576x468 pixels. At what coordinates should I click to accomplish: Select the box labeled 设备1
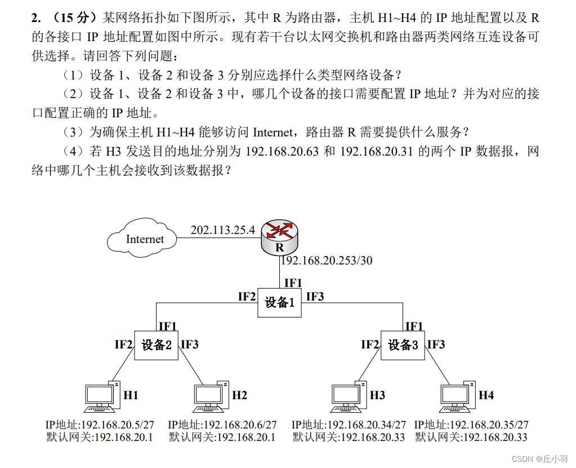[x=280, y=303]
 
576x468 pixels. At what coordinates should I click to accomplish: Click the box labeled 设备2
[x=156, y=345]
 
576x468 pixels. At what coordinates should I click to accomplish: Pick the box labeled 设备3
[x=403, y=345]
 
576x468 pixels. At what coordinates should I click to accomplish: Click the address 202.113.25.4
[x=222, y=230]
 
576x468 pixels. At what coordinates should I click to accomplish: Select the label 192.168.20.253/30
[x=327, y=261]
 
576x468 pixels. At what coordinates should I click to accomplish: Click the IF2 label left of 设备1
[x=246, y=297]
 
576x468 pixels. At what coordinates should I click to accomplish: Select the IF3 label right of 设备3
[x=436, y=345]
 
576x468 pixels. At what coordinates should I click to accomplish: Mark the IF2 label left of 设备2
[x=123, y=345]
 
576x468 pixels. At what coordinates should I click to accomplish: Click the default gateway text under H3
[x=349, y=437]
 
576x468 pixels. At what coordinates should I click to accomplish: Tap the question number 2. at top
[x=36, y=19]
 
